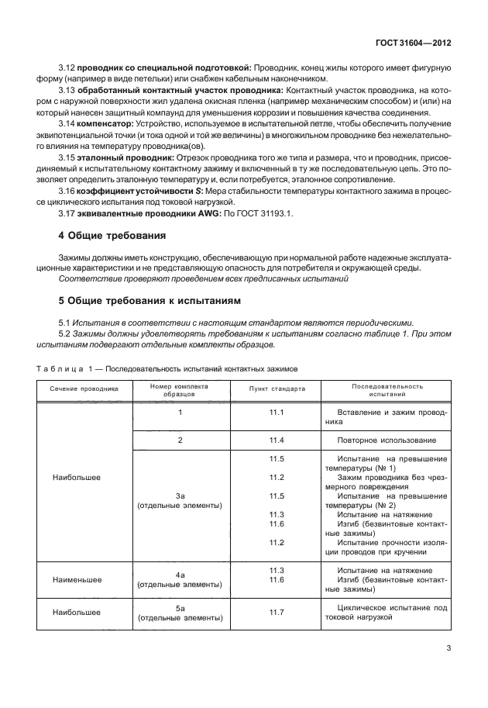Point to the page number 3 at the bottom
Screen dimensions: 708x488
tap(449, 649)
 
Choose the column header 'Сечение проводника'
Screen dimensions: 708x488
tap(85, 389)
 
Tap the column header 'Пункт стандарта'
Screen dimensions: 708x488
tap(277, 389)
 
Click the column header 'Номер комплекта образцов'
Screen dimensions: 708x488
tap(180, 389)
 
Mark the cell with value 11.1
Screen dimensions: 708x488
tap(277, 413)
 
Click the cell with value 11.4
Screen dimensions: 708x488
tap(277, 440)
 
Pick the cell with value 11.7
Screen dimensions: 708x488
tap(277, 613)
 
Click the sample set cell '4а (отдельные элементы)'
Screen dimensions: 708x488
tap(180, 579)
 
